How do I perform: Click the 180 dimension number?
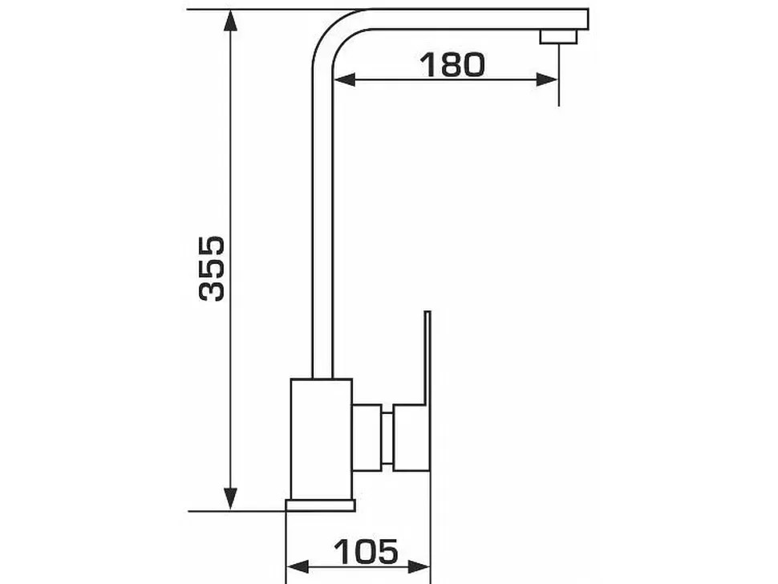pos(452,64)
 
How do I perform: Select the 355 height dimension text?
pos(212,269)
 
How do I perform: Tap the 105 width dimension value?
pos(366,551)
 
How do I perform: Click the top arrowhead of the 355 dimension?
pos(229,21)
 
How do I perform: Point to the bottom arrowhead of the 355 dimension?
pos(229,498)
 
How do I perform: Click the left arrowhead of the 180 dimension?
pos(344,79)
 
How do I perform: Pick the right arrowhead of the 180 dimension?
pos(547,79)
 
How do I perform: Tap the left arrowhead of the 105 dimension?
pos(298,566)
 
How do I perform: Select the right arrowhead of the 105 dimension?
pos(419,566)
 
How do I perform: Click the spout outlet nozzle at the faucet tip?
pos(559,37)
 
